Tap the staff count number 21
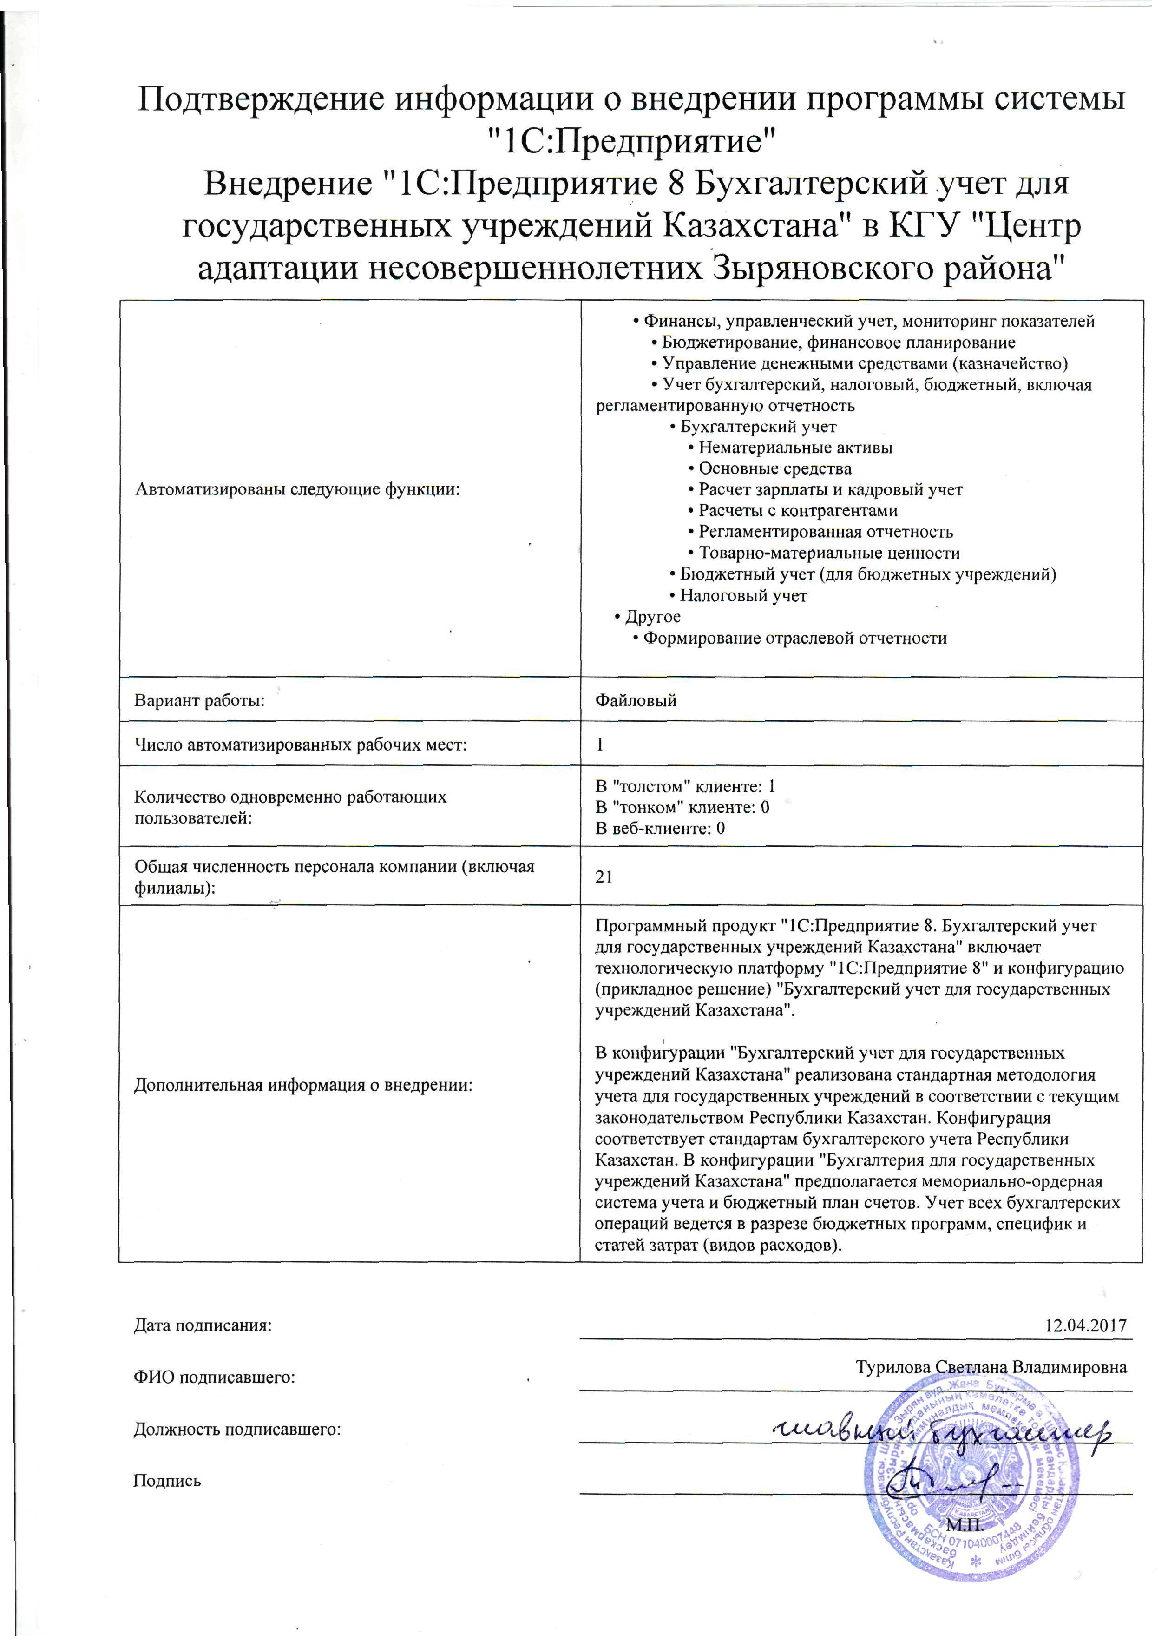pos(604,876)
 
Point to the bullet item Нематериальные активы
pos(795,448)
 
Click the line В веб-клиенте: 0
pos(660,828)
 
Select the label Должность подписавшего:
pos(237,1430)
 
